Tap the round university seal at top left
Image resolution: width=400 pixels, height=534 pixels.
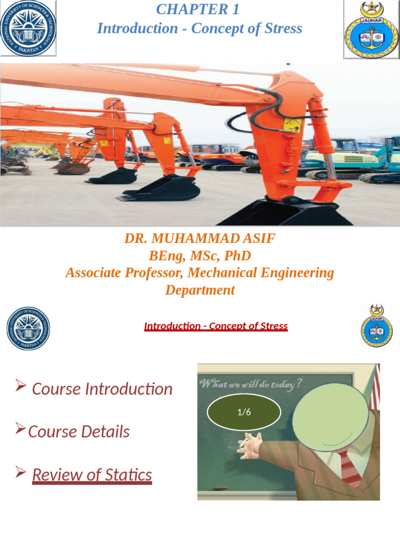[28, 28]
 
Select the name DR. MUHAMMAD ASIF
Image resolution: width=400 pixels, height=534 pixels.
[199, 239]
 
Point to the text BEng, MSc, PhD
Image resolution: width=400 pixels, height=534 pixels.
[199, 256]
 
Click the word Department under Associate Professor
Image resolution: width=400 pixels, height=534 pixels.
[199, 290]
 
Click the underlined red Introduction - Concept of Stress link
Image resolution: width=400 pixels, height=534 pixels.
[216, 326]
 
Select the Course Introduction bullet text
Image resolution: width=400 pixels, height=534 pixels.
[102, 389]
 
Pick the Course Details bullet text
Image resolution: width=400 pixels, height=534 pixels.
[79, 432]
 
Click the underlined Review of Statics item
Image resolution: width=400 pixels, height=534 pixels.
[92, 475]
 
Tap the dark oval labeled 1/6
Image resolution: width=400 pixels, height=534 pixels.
[244, 412]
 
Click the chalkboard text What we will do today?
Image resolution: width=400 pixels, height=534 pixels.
[250, 384]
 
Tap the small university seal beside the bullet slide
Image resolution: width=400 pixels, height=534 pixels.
[28, 329]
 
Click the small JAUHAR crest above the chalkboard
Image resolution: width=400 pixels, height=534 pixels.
[377, 326]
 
